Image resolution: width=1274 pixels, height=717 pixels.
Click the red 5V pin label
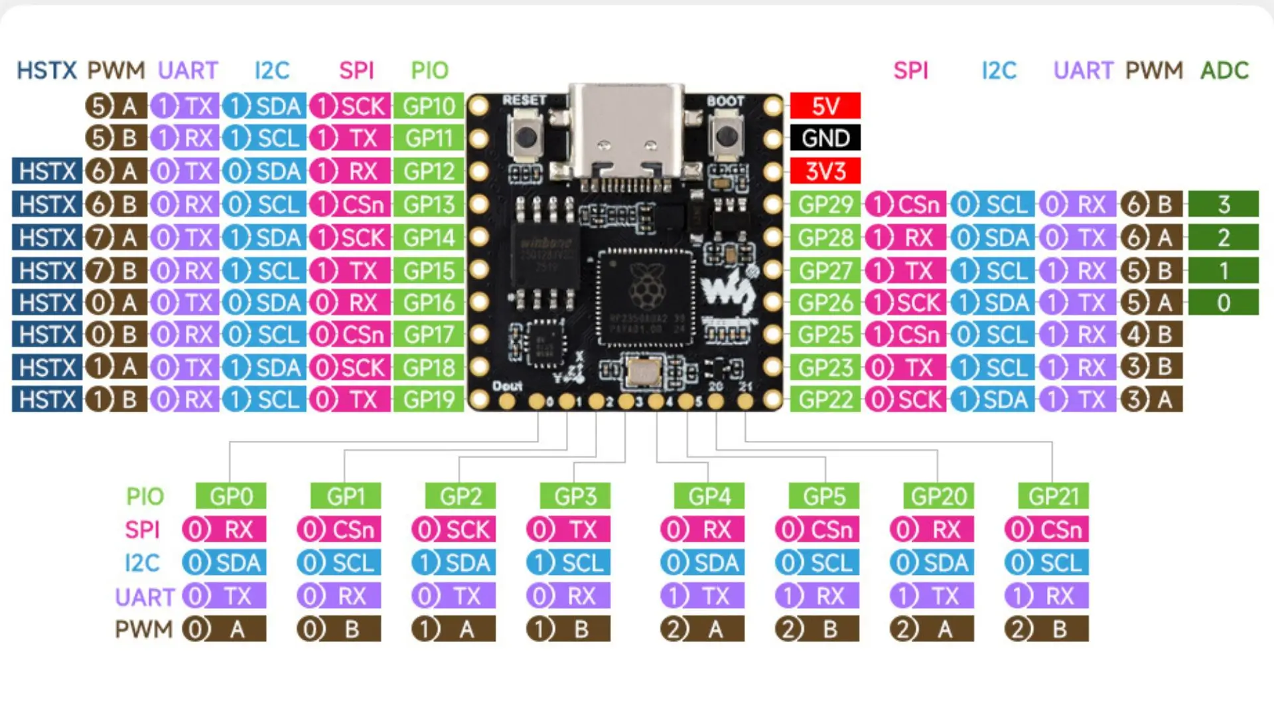[x=825, y=106]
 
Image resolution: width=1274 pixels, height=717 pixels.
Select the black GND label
[x=825, y=138]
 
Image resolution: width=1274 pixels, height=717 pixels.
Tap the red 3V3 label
[x=825, y=171]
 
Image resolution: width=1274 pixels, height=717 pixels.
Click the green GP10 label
[x=429, y=106]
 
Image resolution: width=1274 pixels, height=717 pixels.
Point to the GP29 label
[x=825, y=204]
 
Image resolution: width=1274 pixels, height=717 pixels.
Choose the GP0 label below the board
[x=231, y=496]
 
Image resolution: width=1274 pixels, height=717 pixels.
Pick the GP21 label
[x=1053, y=496]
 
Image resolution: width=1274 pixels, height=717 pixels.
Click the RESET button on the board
[x=526, y=137]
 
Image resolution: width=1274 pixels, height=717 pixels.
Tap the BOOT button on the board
[x=727, y=137]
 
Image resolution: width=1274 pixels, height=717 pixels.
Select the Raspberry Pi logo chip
[x=645, y=297]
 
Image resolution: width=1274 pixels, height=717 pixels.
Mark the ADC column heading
[x=1224, y=70]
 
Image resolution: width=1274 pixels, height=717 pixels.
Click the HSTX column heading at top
[x=46, y=70]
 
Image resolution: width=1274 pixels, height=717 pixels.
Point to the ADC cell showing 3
[x=1223, y=204]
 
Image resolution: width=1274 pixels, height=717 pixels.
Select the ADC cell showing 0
[x=1223, y=303]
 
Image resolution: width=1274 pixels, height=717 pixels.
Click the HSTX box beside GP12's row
[x=47, y=171]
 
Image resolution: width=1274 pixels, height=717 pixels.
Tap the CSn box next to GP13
[x=350, y=204]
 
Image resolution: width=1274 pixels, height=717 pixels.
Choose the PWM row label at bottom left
[x=143, y=629]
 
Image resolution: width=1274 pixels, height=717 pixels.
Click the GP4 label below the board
[x=709, y=496]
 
